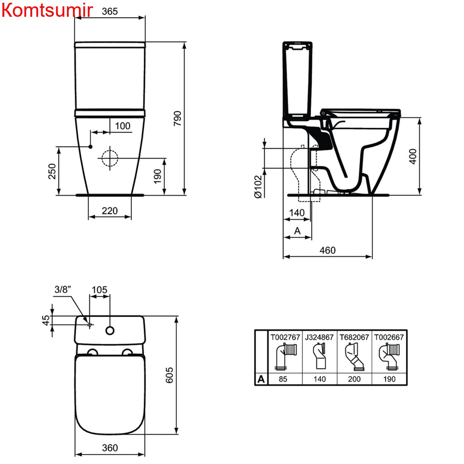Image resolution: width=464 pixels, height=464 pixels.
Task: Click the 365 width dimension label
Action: tap(109, 12)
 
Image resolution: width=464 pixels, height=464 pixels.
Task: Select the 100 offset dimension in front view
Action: tap(122, 126)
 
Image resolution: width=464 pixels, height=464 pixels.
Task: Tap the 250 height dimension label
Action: tap(53, 171)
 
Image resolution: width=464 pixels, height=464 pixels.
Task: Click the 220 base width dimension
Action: tap(109, 211)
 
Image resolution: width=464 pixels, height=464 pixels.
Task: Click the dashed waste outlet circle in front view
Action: tap(109, 159)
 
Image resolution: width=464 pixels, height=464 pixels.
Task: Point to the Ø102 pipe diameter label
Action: tap(258, 187)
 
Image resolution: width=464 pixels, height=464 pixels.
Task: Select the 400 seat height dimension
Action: tap(413, 156)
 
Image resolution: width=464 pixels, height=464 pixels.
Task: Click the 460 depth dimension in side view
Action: tap(328, 250)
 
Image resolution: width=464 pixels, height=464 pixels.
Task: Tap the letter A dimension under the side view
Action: tap(297, 231)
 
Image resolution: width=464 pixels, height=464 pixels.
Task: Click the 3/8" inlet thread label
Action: tap(63, 290)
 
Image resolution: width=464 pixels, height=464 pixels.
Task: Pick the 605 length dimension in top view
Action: tap(169, 375)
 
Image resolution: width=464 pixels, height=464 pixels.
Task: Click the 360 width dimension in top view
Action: tap(110, 448)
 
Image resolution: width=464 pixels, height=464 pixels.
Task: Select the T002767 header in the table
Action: tap(285, 337)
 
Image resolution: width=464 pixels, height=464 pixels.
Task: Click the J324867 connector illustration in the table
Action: tap(319, 356)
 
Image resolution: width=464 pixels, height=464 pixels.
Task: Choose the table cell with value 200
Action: tap(354, 379)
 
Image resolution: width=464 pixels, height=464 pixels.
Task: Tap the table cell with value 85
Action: tap(285, 379)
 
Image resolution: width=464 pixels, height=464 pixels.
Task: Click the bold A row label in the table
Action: tap(261, 379)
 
